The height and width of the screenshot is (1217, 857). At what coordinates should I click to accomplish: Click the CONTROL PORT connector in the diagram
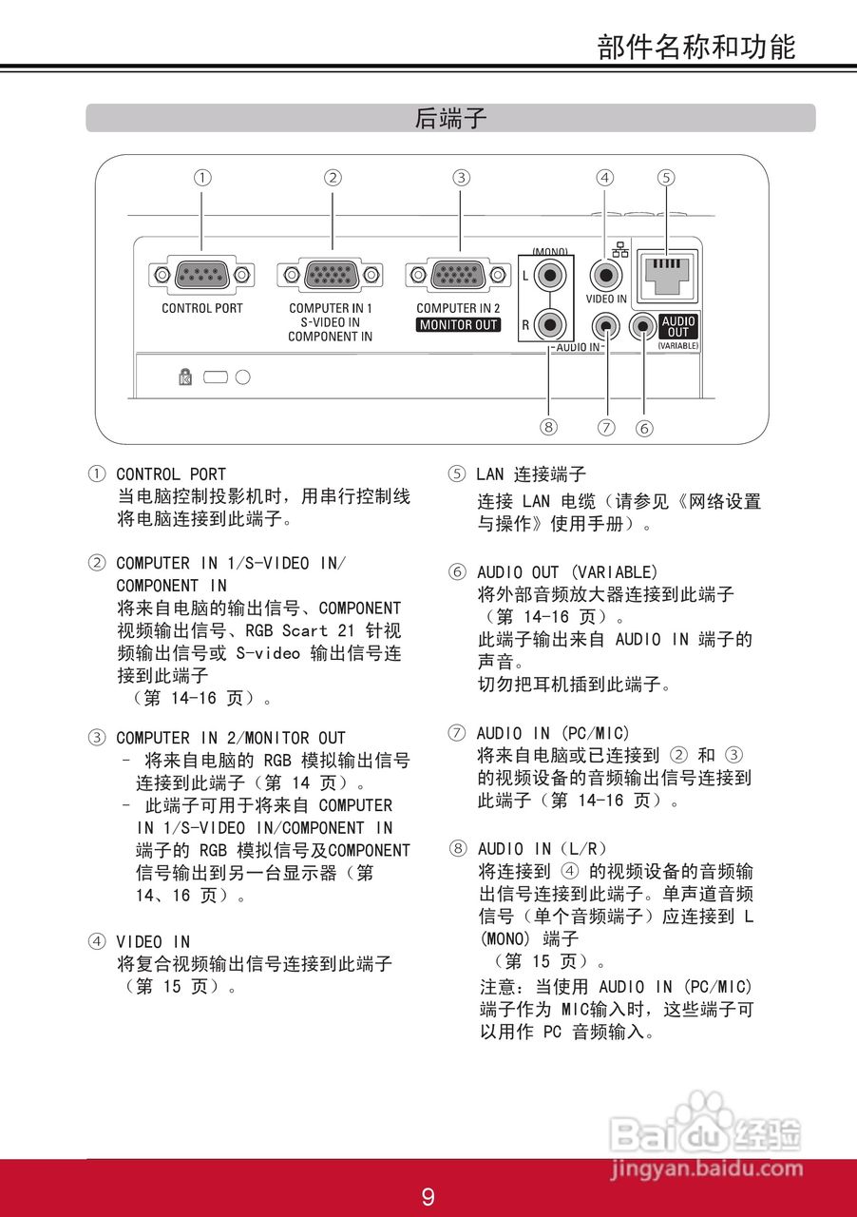(x=201, y=276)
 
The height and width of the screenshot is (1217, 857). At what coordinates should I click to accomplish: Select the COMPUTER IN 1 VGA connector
(x=331, y=276)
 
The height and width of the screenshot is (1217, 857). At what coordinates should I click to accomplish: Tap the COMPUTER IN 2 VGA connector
(x=459, y=276)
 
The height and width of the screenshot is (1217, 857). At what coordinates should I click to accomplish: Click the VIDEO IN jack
(x=605, y=276)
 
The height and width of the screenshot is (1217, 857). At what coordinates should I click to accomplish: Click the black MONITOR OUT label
(x=459, y=324)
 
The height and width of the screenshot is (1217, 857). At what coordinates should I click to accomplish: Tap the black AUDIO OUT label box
(x=677, y=327)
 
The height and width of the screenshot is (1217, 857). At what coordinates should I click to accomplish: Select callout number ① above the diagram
(x=201, y=177)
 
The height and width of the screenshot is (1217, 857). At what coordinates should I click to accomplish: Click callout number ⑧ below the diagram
(x=548, y=427)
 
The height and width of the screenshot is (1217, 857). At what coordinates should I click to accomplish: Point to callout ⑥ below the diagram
(x=644, y=428)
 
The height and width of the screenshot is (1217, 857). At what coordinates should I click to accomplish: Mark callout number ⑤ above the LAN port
(x=666, y=177)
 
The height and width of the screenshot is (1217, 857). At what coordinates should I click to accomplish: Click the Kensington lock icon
(x=184, y=377)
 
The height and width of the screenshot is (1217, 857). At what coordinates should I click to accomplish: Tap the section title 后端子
(x=450, y=118)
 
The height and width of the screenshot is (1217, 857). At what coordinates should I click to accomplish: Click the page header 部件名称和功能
(x=696, y=47)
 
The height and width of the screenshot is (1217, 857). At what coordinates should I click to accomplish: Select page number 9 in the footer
(x=428, y=1196)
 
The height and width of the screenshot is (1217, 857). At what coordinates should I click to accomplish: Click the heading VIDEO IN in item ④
(x=153, y=941)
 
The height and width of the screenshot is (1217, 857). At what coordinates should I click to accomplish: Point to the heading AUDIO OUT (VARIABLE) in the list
(x=566, y=572)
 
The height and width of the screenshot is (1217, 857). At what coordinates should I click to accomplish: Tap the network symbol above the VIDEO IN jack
(x=621, y=251)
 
